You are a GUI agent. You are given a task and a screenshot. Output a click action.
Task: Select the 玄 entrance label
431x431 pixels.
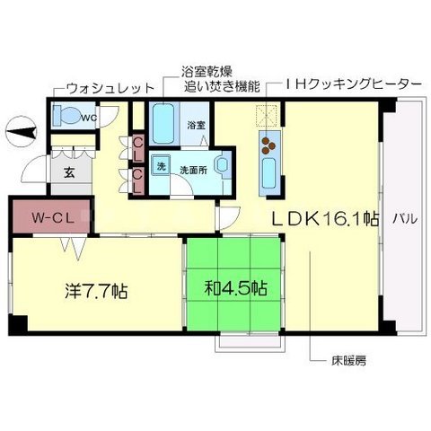coord(69,173)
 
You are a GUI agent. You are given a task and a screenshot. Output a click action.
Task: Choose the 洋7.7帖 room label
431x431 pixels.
coord(94,291)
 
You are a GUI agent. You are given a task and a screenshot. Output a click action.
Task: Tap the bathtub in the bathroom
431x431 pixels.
coord(163,122)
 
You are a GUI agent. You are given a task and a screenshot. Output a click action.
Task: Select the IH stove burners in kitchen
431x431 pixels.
coord(267,141)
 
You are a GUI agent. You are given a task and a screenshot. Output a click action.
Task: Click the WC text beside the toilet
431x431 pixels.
coord(90,116)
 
